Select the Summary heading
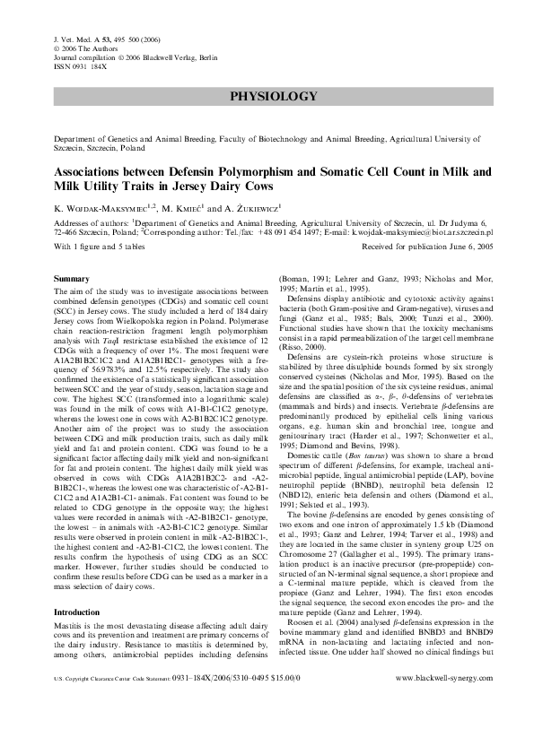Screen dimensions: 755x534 point(72,280)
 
